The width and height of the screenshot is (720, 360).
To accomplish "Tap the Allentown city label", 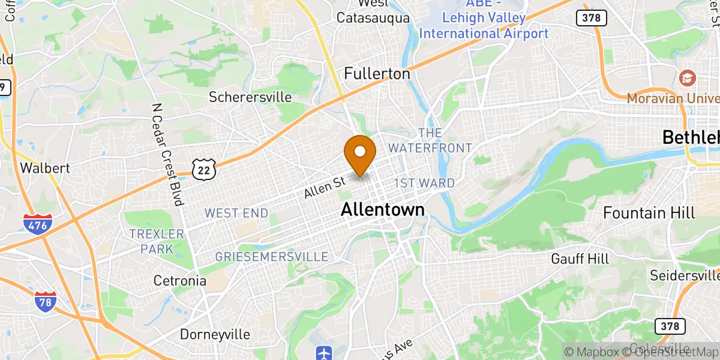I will pos(382,209).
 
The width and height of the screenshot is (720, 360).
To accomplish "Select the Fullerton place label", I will pos(377,74).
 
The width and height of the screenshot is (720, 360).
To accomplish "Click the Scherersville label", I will pos(250,97).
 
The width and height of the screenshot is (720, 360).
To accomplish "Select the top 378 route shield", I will pos(591,18).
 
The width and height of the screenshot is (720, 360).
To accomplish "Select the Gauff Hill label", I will pos(580,259).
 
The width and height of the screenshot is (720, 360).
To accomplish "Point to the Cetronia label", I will pos(180,281).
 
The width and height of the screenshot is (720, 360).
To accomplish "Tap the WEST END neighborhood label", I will pos(236,213).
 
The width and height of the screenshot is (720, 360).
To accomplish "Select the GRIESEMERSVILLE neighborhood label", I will pos(271,257).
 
